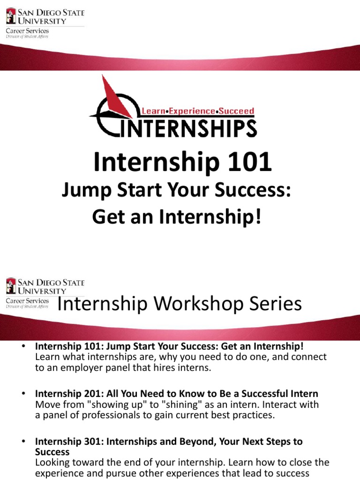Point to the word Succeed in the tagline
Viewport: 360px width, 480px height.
(x=237, y=112)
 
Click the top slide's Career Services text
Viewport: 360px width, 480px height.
(x=27, y=31)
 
